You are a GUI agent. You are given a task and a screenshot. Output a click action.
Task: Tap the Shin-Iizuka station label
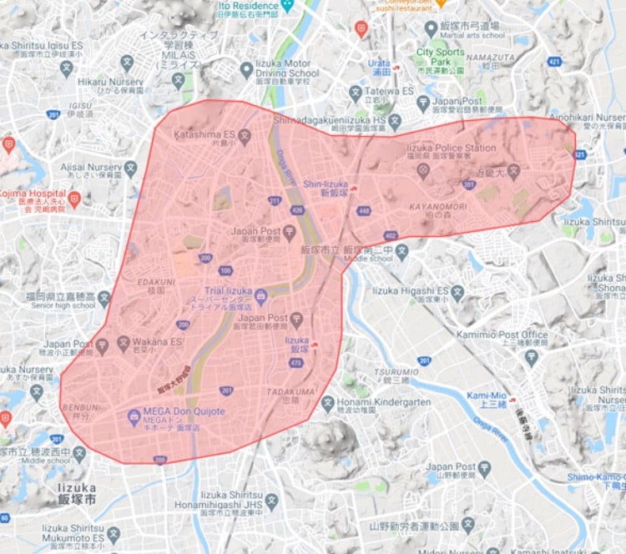click(x=324, y=184)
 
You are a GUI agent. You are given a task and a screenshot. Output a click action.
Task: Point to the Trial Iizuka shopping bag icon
click(x=260, y=294)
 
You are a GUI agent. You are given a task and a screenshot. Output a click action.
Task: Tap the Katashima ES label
click(x=204, y=134)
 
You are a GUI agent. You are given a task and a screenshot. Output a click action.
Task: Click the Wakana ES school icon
click(x=124, y=341)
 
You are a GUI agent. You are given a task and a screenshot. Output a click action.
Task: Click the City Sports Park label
click(x=440, y=58)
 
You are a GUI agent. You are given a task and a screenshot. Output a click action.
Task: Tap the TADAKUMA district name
click(x=291, y=391)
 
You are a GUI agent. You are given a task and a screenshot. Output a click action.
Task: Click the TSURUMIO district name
click(x=396, y=371)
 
